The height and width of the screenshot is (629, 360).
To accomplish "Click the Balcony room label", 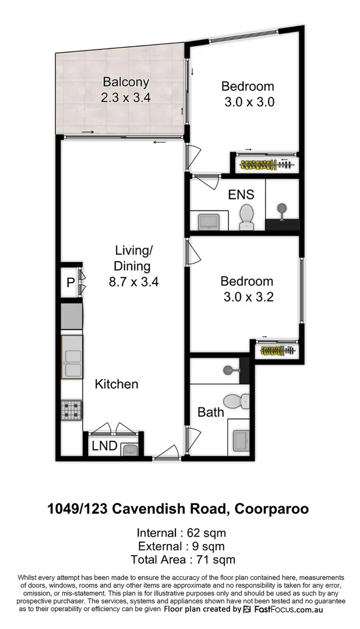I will tap(126, 83).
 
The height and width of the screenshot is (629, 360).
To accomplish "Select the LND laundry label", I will tap(105, 447).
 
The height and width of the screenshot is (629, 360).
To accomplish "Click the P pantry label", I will tap(70, 283).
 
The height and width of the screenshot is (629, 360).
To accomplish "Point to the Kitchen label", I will tap(117, 384).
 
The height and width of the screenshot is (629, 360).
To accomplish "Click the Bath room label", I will tap(210, 412).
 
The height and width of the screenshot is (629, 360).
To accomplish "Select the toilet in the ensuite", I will tap(247, 217).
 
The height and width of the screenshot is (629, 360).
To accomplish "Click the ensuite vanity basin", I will tap(207, 221).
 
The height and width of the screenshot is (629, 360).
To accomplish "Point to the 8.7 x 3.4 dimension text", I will tap(133, 282).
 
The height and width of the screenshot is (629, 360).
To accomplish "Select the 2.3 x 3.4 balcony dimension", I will tap(126, 98).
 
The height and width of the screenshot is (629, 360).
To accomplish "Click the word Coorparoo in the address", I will tap(271, 509).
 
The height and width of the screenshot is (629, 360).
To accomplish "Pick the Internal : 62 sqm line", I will tap(181, 533).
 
